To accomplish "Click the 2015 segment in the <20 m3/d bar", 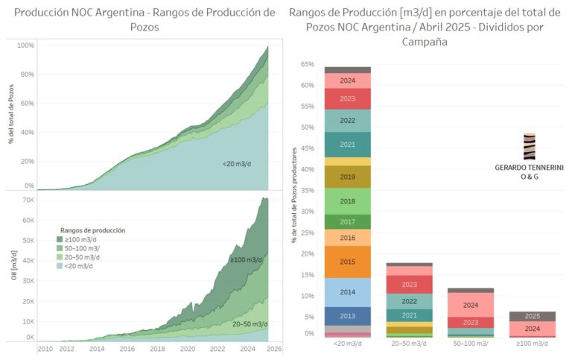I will point(346,262).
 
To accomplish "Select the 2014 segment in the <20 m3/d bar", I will point(346,292).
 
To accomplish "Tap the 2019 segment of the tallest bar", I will point(346,177).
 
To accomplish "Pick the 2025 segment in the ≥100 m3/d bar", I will point(533,316).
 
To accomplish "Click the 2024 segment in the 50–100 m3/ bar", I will point(471,305).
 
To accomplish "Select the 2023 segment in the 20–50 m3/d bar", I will point(409,285).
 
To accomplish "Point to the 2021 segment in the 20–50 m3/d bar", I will point(409,315).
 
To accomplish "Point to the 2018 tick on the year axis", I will point(157,348).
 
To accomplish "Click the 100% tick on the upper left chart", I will point(25,45).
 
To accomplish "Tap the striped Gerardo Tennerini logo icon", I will point(529,147).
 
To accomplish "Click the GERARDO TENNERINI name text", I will point(529,168).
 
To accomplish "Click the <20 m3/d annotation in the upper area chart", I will point(238,162).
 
